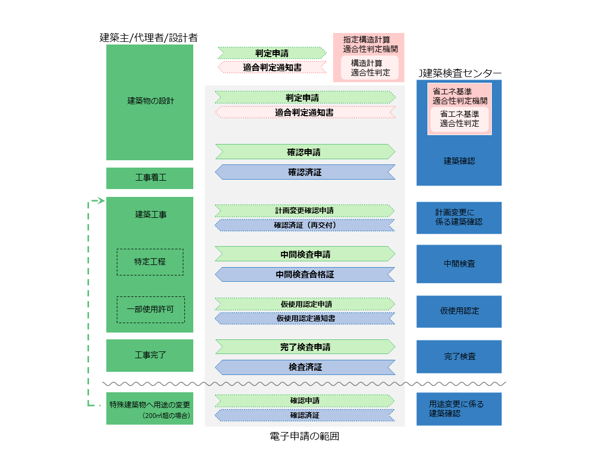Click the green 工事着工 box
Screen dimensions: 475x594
150,178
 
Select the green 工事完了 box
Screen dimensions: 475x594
150,355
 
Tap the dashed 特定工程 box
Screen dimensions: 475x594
150,262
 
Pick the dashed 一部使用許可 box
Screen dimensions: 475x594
150,310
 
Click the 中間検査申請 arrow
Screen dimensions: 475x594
305,255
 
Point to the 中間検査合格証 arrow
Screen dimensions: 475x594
305,274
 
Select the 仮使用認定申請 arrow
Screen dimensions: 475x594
305,304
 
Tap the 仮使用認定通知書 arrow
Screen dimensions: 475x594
305,318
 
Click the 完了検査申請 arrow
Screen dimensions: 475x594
305,347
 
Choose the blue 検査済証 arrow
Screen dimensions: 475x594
305,367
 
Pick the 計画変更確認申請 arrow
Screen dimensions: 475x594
305,211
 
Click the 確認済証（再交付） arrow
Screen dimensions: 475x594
305,225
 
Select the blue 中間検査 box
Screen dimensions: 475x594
459,264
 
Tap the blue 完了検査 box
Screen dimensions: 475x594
459,357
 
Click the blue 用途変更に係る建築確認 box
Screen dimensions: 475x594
459,409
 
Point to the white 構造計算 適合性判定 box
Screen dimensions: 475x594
370,68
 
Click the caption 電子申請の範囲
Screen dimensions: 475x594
304,436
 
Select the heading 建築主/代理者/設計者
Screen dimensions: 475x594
149,38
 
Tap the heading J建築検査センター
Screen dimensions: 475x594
459,73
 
